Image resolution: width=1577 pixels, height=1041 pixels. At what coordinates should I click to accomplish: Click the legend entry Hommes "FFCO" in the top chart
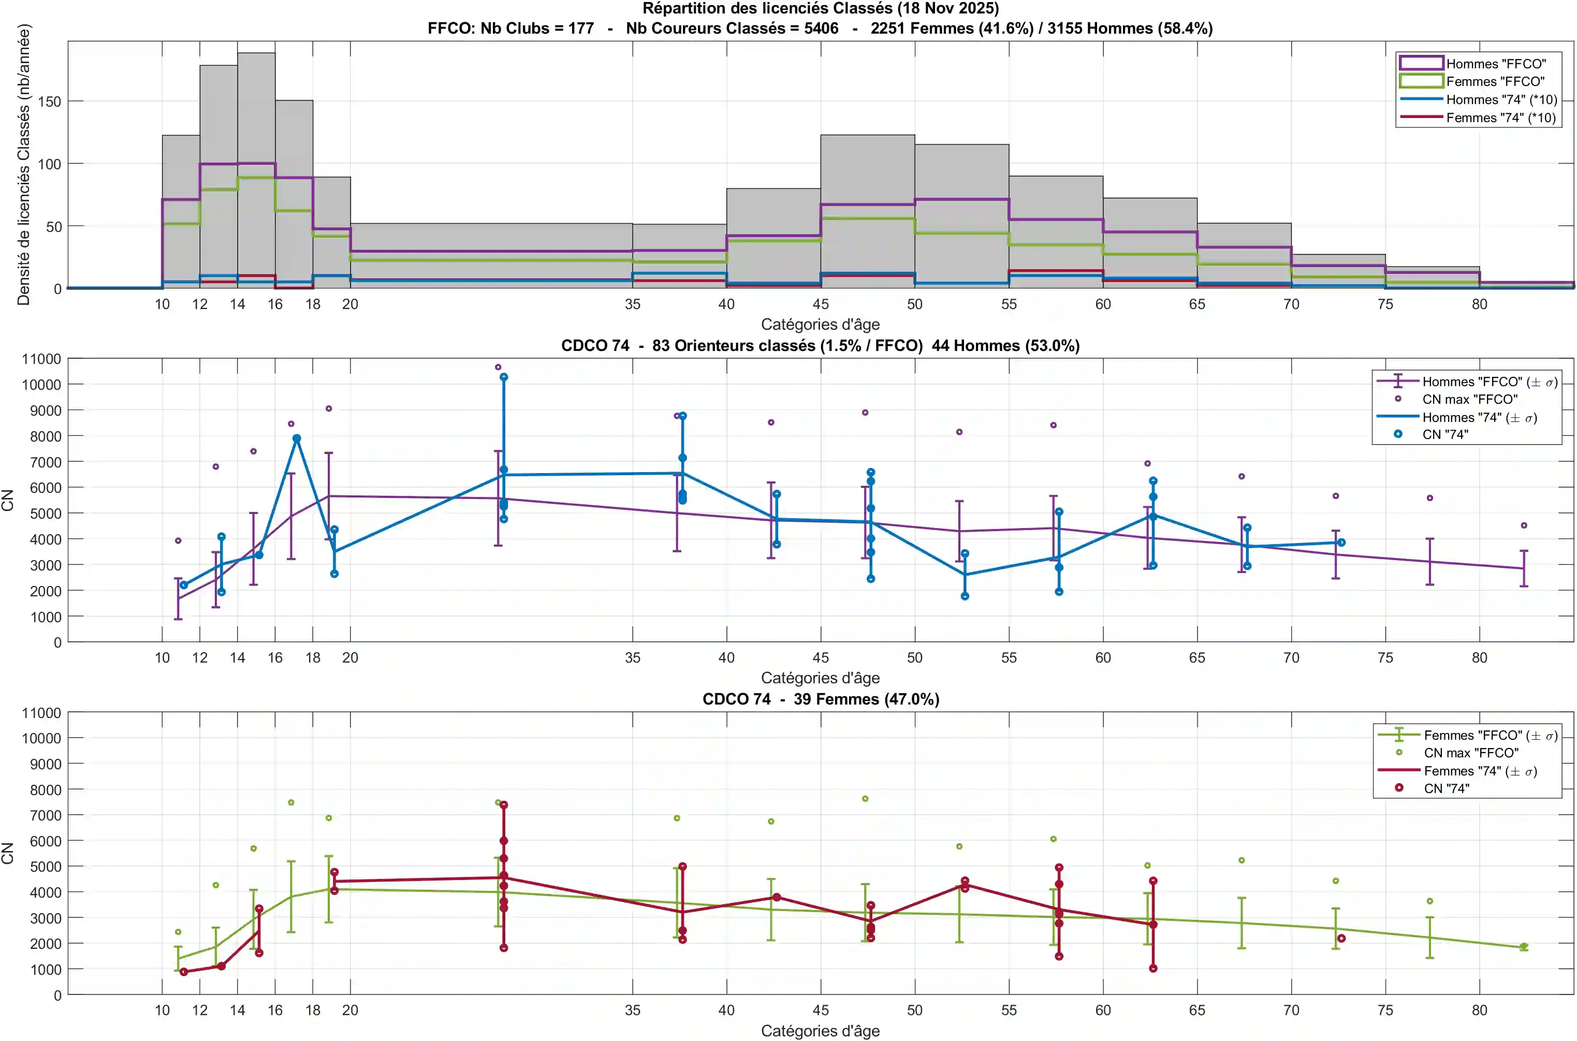click(x=1495, y=64)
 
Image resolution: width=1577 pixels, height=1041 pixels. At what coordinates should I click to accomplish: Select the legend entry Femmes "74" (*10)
click(x=1501, y=118)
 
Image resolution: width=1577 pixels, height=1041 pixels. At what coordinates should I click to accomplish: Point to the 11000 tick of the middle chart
click(x=41, y=359)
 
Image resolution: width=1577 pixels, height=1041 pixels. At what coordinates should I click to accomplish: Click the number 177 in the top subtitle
click(x=580, y=28)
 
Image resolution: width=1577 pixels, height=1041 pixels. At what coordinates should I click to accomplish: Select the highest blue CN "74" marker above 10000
click(x=504, y=377)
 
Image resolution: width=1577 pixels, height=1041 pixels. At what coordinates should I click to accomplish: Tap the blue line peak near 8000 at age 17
click(x=297, y=439)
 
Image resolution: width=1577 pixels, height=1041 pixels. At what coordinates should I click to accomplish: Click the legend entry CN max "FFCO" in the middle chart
click(x=1469, y=399)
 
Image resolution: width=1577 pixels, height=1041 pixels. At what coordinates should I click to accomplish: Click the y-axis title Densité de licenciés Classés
click(x=24, y=165)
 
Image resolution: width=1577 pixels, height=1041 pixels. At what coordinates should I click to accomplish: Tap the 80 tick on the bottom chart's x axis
click(x=1479, y=1010)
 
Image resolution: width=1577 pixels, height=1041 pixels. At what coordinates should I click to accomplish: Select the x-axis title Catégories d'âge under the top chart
click(x=820, y=324)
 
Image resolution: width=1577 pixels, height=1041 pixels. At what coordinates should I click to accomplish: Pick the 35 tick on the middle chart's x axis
click(x=632, y=657)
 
